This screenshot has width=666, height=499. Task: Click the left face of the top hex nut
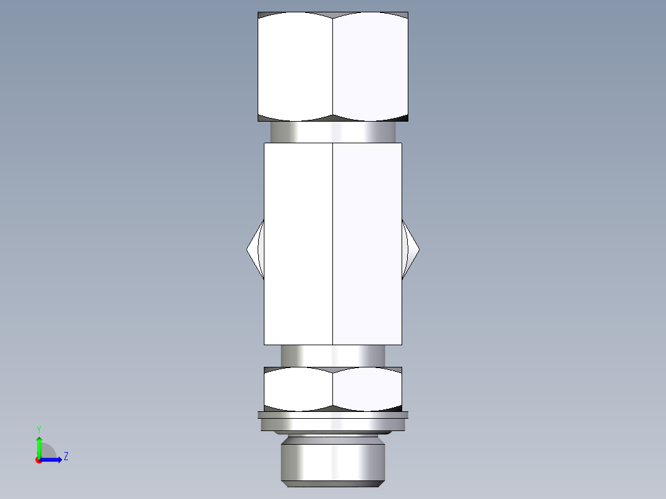point(295,67)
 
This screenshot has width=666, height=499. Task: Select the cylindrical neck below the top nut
point(333,132)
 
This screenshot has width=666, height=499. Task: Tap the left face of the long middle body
point(298,185)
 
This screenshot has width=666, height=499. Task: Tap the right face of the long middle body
point(368,185)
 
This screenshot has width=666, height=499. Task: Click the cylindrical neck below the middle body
point(333,356)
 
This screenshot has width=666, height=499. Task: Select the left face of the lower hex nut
point(298,389)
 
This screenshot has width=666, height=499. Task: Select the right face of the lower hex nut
point(368,389)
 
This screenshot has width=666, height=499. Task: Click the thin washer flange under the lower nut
point(333,424)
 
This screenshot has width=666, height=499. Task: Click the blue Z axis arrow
point(53,459)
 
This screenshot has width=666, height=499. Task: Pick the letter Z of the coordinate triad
point(65,456)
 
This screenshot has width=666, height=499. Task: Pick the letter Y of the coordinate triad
point(38,429)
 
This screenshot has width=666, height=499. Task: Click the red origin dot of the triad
point(38,460)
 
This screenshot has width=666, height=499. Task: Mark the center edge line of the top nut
point(333,67)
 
